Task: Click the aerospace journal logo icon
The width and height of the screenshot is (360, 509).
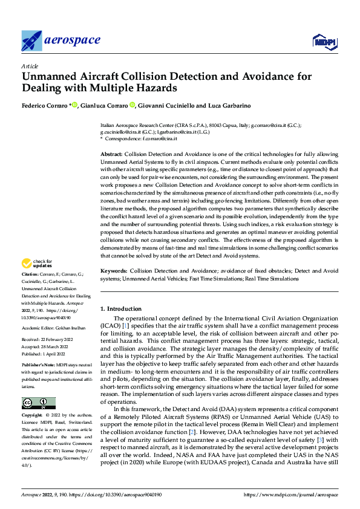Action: click(x=31, y=41)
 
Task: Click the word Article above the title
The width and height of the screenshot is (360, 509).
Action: click(x=29, y=66)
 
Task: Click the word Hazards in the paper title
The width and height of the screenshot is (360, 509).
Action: click(x=155, y=88)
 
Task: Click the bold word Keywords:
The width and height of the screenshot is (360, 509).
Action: click(x=114, y=271)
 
